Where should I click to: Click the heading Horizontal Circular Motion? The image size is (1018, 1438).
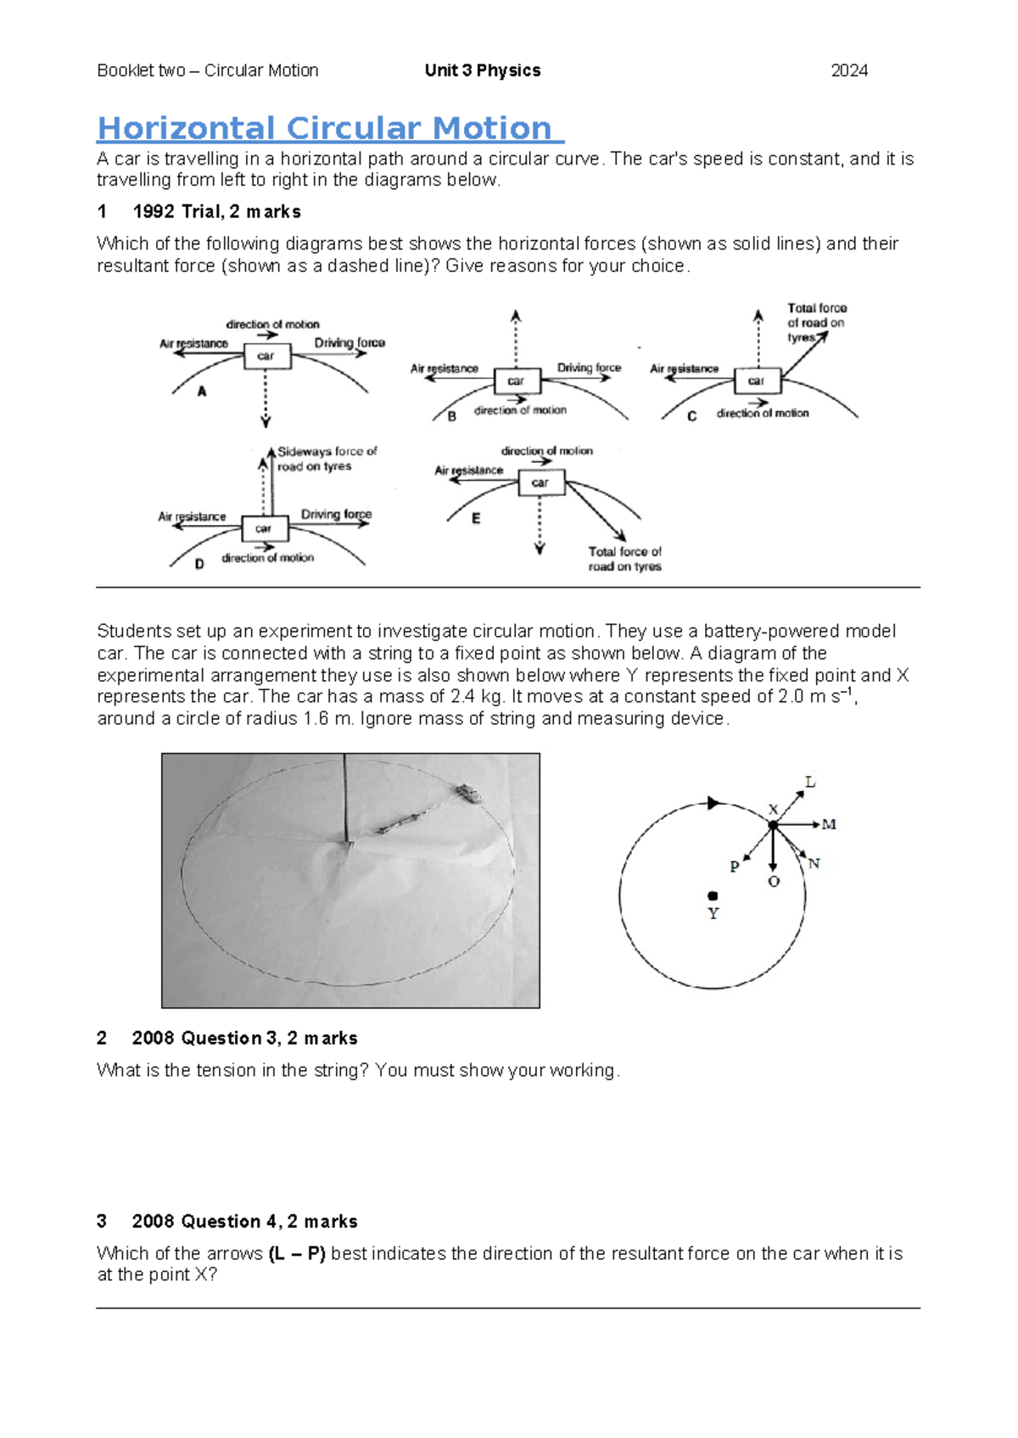(329, 129)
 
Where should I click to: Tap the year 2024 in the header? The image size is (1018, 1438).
(848, 71)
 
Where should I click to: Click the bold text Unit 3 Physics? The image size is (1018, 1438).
(482, 71)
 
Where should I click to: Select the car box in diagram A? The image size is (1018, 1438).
(266, 356)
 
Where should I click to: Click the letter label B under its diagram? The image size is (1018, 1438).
(452, 416)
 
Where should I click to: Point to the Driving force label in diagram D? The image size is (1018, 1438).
(336, 514)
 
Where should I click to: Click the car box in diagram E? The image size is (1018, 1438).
(540, 482)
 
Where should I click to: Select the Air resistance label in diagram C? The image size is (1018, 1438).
(684, 369)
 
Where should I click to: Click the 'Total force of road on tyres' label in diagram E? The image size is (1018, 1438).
(624, 559)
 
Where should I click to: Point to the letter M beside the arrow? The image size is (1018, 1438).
(829, 824)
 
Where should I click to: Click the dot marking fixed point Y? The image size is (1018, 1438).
(713, 895)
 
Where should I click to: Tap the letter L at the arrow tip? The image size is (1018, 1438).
(810, 782)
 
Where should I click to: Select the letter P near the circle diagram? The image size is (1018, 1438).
(735, 867)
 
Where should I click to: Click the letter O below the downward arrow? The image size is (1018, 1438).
(773, 882)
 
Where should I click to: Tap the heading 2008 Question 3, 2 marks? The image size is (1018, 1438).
(244, 1038)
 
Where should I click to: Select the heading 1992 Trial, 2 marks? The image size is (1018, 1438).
(216, 212)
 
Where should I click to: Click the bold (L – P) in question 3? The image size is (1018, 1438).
(297, 1253)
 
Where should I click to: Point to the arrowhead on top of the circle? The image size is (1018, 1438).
(714, 803)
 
